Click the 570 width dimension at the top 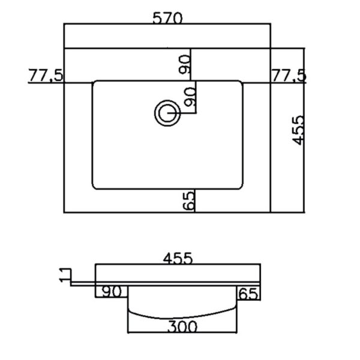click(167, 18)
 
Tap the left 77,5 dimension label click(46, 75)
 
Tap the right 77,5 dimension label click(289, 75)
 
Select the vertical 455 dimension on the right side click(299, 130)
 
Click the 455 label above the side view click(178, 258)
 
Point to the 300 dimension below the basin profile click(182, 326)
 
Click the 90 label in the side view click(112, 292)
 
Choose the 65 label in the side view click(248, 294)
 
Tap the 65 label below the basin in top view click(188, 201)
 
